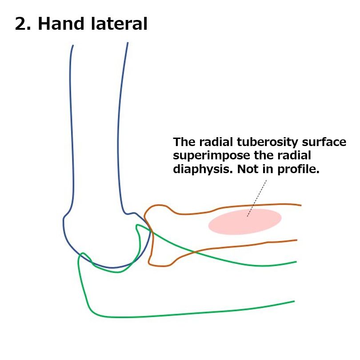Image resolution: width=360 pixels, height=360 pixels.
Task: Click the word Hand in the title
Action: [x=61, y=24]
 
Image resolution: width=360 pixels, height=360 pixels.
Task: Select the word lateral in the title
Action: [x=119, y=24]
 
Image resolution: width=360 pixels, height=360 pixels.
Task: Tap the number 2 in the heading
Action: [x=21, y=24]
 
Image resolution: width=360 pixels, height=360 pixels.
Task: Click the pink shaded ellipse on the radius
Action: [x=245, y=222]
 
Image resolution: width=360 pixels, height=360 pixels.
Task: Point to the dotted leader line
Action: [x=257, y=198]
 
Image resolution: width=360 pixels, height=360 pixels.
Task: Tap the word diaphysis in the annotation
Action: [x=203, y=169]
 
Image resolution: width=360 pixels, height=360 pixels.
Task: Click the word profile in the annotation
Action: [x=298, y=169]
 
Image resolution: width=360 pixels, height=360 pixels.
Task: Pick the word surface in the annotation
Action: [x=324, y=142]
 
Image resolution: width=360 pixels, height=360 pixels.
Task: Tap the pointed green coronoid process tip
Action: [x=137, y=225]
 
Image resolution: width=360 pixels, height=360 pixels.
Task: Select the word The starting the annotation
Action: [x=184, y=142]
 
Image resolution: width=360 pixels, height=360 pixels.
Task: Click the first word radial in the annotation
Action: [x=216, y=142]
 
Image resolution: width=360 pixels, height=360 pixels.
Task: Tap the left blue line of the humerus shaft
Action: [x=71, y=129]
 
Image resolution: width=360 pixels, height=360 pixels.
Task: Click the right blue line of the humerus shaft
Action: [x=120, y=129]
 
